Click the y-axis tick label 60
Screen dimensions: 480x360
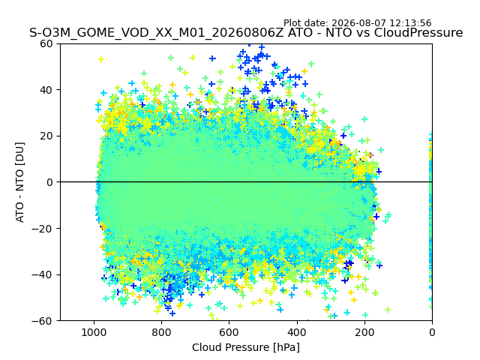[46, 43]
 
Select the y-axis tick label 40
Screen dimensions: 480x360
[46, 90]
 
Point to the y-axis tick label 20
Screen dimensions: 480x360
[46, 136]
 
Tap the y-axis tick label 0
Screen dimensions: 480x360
[49, 182]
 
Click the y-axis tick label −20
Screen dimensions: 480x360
[42, 229]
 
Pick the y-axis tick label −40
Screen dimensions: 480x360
[42, 275]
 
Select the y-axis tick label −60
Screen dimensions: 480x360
[42, 321]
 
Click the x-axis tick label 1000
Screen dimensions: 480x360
[94, 332]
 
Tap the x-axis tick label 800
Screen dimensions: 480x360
[162, 332]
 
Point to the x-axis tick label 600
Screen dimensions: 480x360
[229, 332]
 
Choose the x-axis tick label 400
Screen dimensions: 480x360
[297, 332]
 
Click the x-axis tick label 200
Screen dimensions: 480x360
[364, 332]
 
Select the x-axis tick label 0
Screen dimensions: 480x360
[432, 332]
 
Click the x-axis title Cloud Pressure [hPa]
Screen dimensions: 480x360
[246, 347]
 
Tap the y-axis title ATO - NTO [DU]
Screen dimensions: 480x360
[20, 182]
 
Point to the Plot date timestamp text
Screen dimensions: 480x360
[357, 23]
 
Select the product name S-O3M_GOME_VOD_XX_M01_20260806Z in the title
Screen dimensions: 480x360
[157, 33]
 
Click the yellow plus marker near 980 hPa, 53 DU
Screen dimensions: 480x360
[101, 60]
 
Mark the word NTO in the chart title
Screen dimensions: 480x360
[338, 33]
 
